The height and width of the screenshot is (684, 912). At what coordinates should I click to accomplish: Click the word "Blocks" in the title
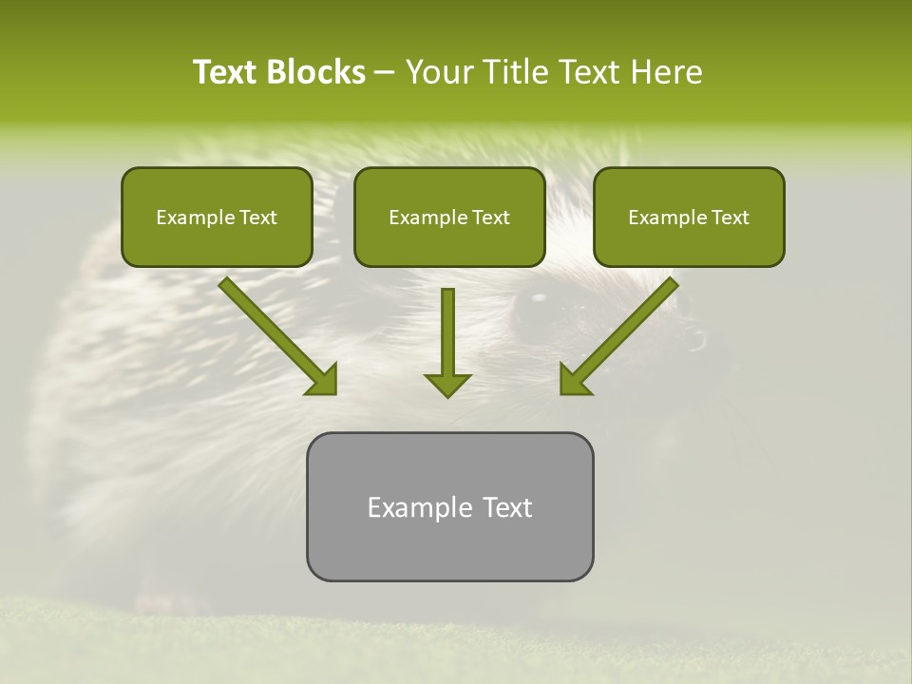[x=317, y=72]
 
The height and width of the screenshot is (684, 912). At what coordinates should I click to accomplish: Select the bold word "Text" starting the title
[x=227, y=72]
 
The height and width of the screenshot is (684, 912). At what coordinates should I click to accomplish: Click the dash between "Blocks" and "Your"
[x=385, y=73]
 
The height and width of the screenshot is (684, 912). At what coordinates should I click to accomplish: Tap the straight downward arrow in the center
[x=447, y=332]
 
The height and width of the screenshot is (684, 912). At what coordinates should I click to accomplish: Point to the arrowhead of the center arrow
[x=447, y=385]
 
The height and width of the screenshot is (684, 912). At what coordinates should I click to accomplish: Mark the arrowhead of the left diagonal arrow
[x=323, y=380]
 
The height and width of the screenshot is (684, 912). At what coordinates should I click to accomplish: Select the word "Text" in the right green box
[x=730, y=218]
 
